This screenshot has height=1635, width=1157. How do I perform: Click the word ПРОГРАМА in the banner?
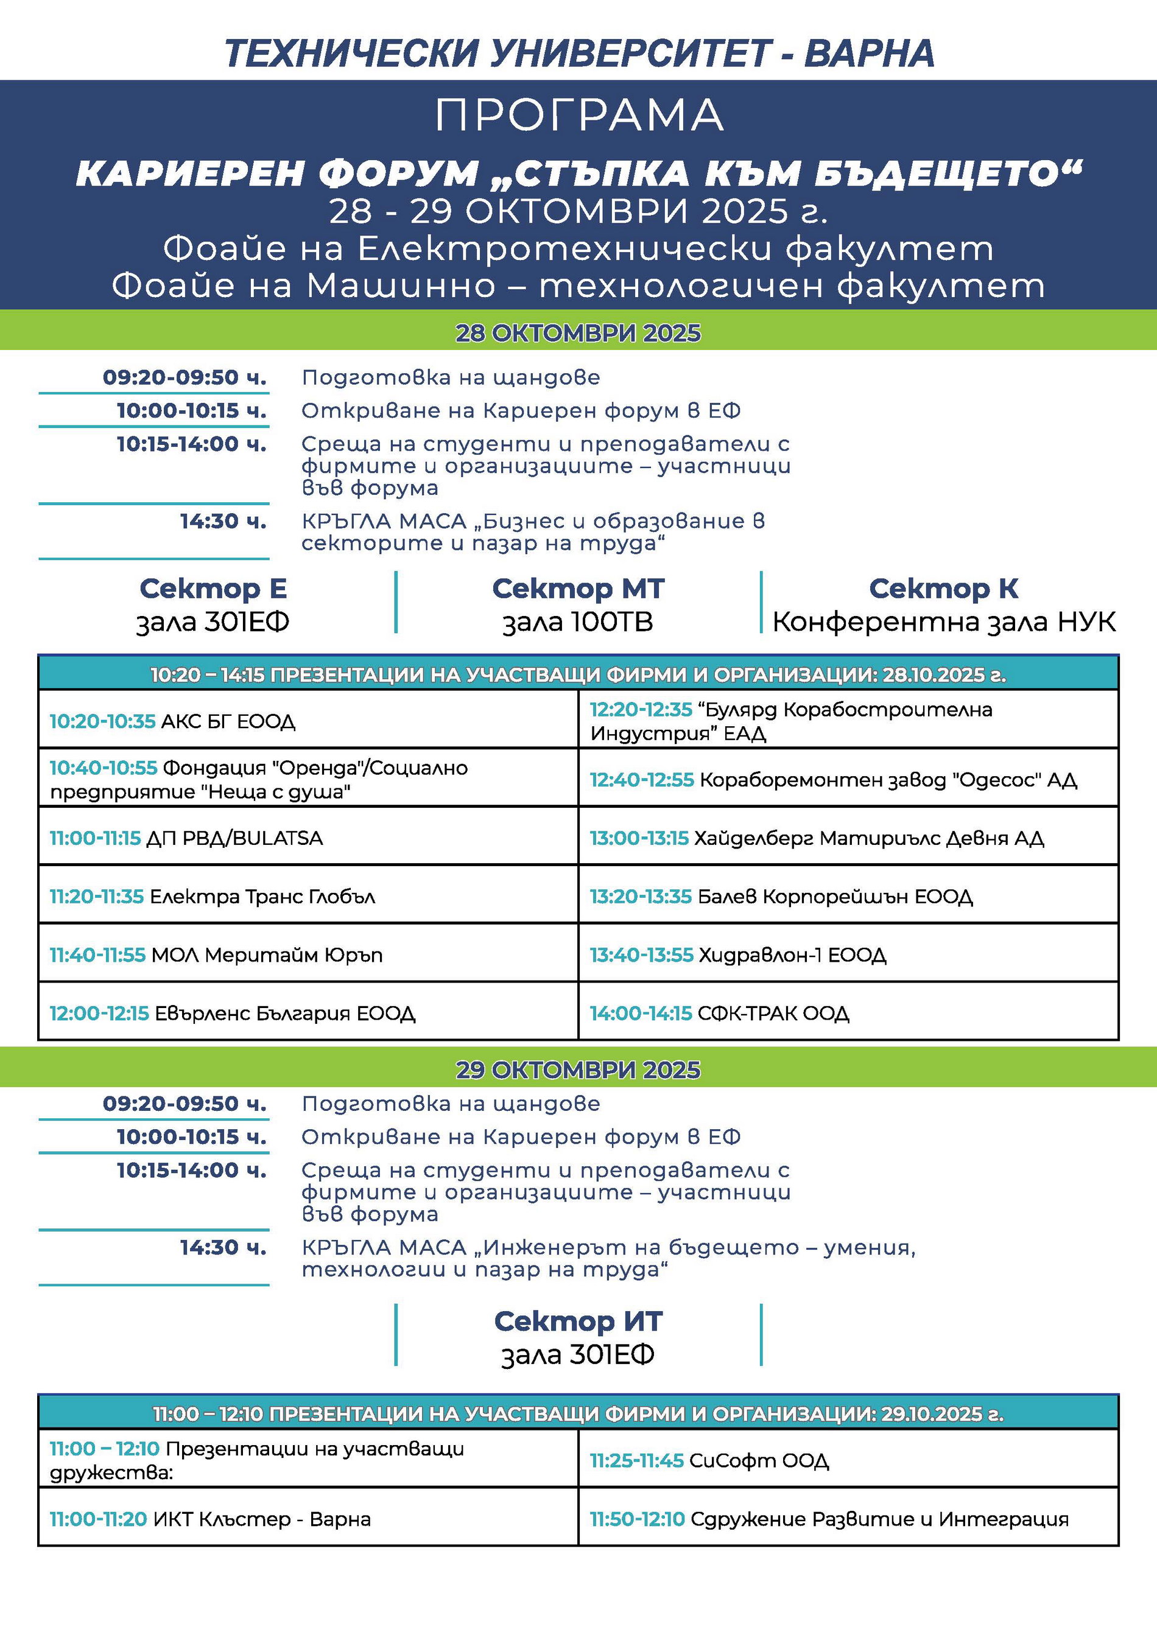point(578,116)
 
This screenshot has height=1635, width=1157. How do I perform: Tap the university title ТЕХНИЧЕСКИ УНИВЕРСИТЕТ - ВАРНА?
point(578,54)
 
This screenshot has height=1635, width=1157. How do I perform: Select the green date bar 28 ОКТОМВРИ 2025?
point(578,333)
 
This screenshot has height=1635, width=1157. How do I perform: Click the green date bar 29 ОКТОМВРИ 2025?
point(578,1070)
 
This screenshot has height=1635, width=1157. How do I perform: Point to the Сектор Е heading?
point(213,589)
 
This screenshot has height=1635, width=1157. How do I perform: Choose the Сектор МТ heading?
point(578,589)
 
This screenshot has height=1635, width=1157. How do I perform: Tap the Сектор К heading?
point(943,589)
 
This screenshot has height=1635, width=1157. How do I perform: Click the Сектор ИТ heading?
point(578,1322)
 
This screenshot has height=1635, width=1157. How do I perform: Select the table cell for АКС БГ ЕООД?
point(308,721)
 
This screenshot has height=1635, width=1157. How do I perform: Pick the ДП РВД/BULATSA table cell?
point(308,838)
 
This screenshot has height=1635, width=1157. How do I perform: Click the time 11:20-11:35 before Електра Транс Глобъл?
point(96,896)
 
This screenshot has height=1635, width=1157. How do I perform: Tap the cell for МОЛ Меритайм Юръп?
point(308,954)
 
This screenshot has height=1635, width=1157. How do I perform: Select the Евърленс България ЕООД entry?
point(308,1013)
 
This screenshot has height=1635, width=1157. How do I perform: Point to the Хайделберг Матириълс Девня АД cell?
point(848,838)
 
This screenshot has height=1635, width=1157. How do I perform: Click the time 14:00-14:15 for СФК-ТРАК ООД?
point(641,1013)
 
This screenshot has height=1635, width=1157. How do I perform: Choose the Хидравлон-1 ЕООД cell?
point(848,954)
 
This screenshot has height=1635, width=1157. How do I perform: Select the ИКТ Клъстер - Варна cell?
point(308,1519)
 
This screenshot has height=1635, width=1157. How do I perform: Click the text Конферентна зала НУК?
point(943,622)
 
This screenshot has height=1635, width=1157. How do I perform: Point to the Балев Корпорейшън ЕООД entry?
point(848,896)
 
